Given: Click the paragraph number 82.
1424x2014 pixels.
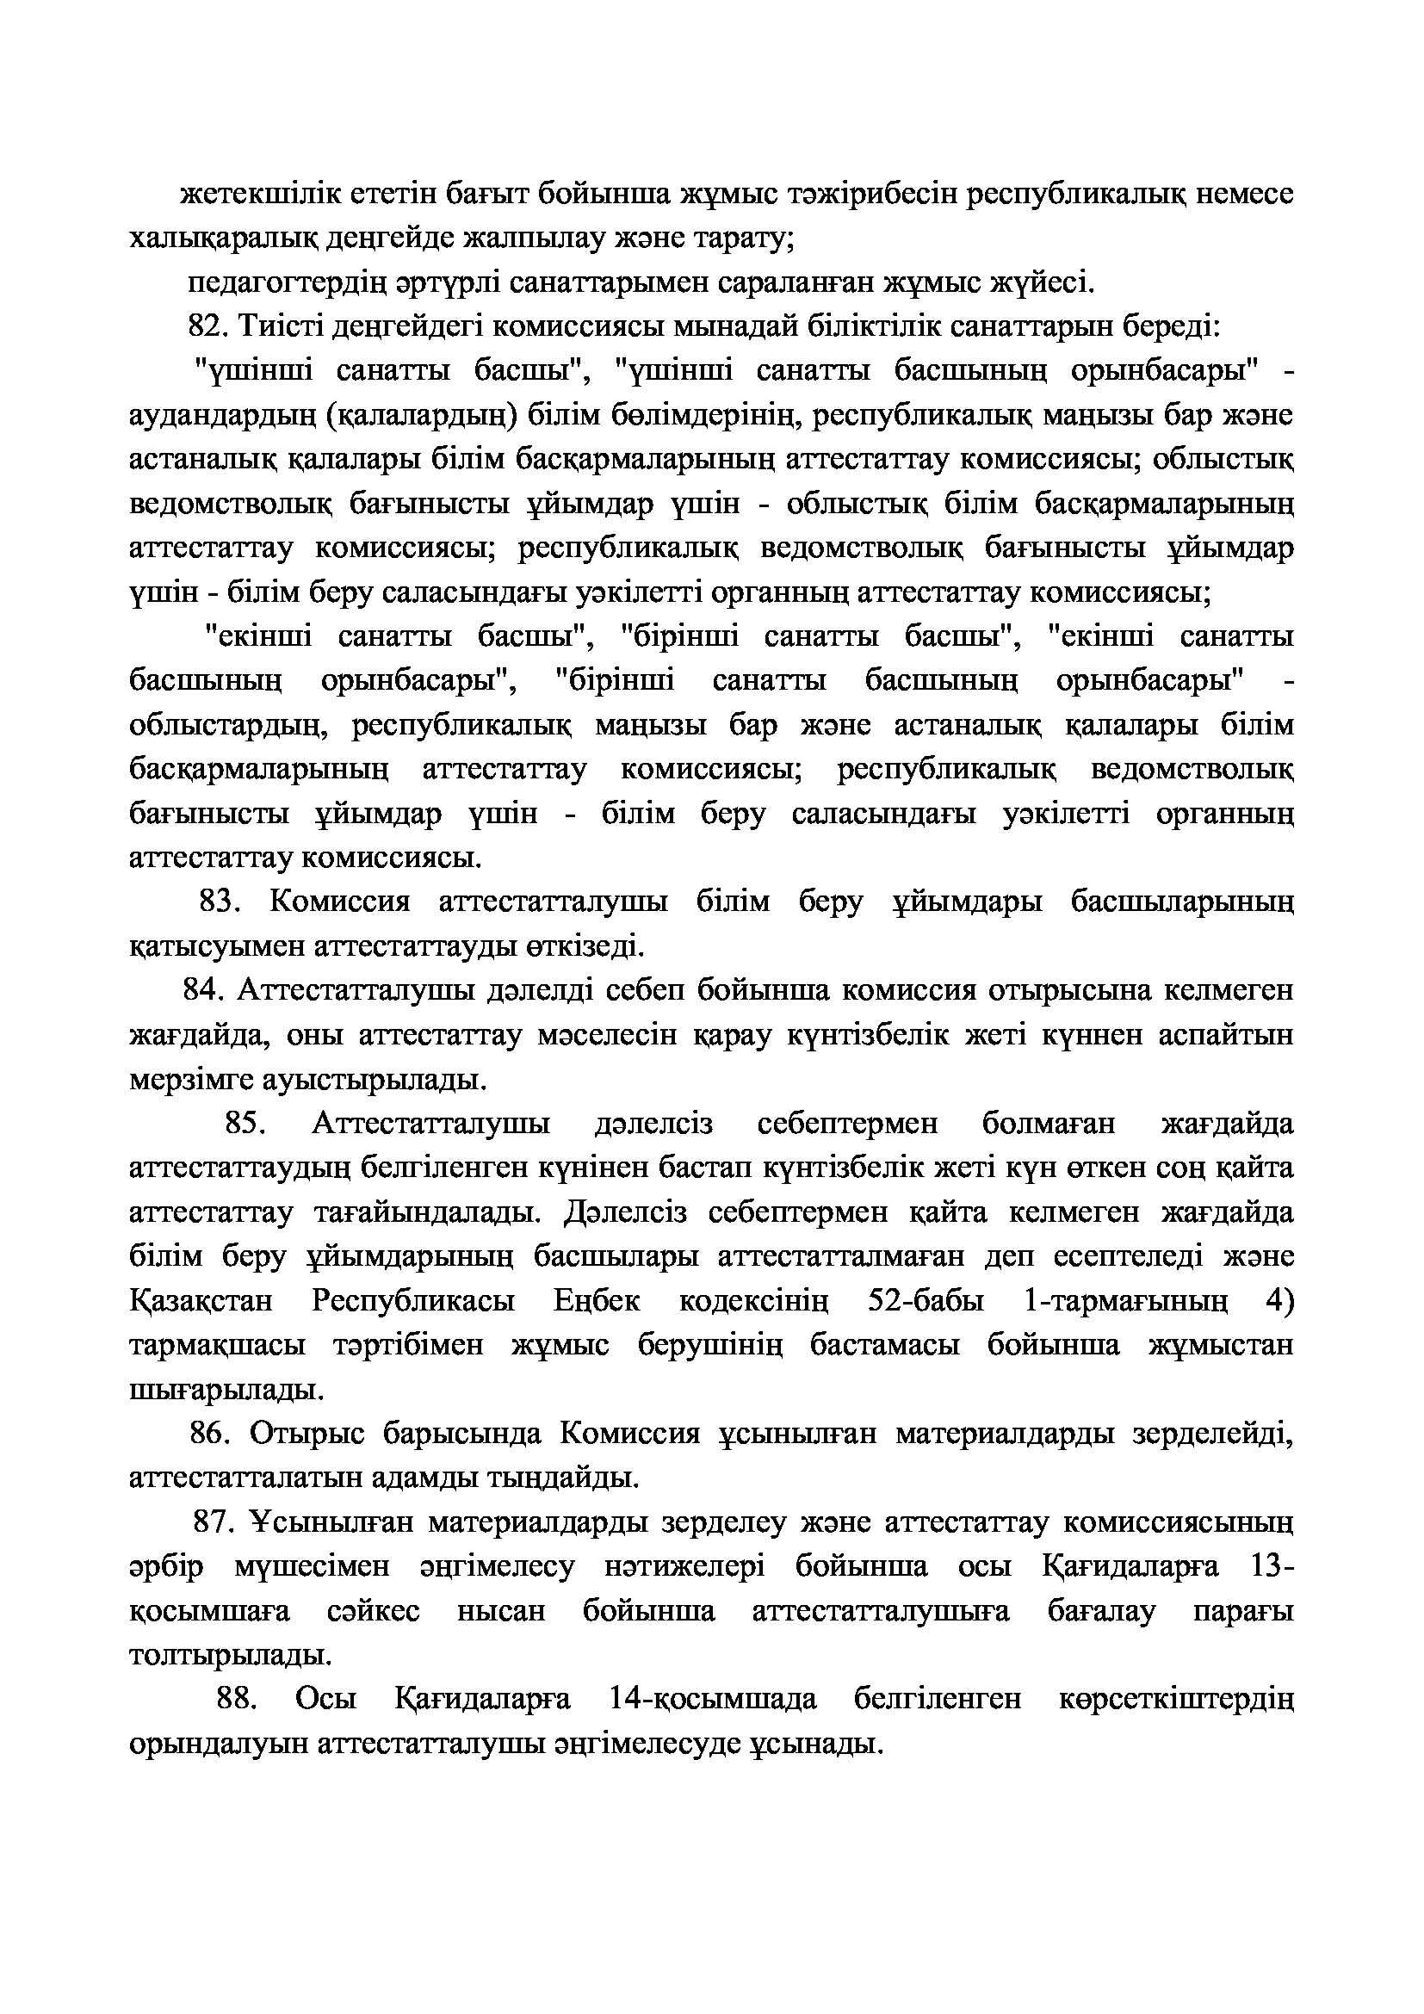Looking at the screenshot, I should pos(207,327).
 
